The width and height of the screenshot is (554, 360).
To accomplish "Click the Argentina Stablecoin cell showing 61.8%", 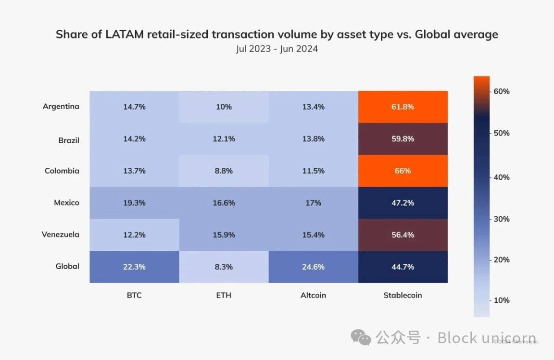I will [403, 107].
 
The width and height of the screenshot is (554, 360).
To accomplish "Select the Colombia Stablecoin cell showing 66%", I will [403, 171].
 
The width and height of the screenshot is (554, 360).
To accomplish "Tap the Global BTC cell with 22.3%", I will [134, 267].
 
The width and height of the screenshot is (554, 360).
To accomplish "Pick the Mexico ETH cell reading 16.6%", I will [224, 203].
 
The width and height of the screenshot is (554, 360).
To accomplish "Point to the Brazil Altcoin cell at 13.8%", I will [313, 139].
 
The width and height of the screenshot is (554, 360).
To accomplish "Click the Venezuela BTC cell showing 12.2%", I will [134, 235].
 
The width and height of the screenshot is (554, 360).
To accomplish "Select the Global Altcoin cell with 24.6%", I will [313, 267].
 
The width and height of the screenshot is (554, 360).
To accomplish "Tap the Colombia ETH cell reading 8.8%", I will [224, 171].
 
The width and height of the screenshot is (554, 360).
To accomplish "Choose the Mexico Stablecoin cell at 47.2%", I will [403, 203].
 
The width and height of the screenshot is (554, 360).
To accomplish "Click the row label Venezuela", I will [60, 235].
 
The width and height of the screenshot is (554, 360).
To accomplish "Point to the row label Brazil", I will [69, 140].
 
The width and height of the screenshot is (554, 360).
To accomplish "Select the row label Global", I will [67, 266].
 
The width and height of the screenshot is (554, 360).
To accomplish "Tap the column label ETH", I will [224, 295].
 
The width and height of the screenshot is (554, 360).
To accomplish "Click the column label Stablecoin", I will [403, 295].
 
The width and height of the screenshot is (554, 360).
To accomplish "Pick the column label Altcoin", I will [313, 295].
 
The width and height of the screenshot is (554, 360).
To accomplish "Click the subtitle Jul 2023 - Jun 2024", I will [277, 49].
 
